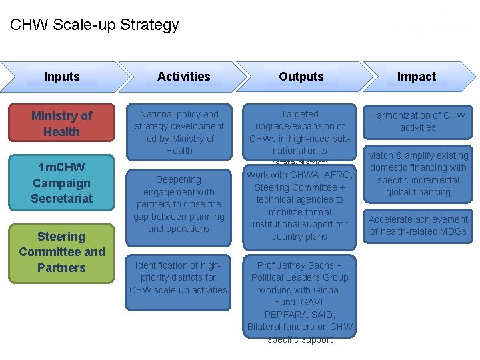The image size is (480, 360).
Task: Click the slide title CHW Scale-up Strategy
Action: tap(95, 25)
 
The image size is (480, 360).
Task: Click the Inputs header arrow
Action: tap(61, 77)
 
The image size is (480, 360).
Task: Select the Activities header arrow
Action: tap(183, 77)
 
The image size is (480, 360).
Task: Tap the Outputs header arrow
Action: tap(301, 77)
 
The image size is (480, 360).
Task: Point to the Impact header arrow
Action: tap(416, 77)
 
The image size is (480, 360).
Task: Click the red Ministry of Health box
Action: tap(61, 123)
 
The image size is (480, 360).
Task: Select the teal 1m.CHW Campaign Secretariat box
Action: tap(61, 182)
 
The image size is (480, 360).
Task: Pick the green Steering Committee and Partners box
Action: tap(61, 253)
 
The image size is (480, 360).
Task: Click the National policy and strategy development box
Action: tap(179, 132)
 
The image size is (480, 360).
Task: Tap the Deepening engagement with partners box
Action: tap(179, 204)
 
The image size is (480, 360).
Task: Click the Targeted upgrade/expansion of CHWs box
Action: tap(299, 133)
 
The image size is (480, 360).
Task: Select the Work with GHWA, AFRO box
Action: tap(299, 205)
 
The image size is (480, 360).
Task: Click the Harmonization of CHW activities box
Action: tap(417, 121)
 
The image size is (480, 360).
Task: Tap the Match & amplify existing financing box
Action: tap(417, 174)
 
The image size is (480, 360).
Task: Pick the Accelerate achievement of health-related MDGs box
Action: tap(417, 225)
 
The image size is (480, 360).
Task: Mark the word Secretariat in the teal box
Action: tap(61, 198)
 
